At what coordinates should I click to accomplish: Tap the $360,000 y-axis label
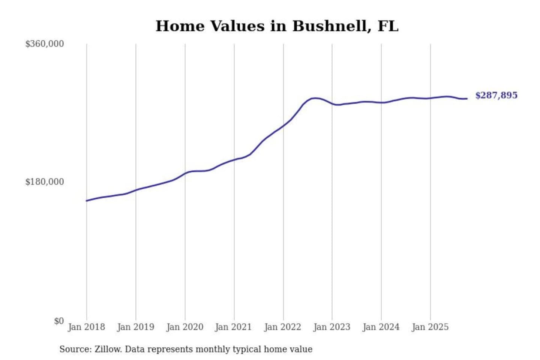[x=45, y=44]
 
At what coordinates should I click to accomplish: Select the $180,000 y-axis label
[x=45, y=182]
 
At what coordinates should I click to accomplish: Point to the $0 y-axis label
[x=59, y=321]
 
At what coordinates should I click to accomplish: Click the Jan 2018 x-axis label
[x=86, y=327]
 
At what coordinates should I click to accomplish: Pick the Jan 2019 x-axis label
[x=135, y=327]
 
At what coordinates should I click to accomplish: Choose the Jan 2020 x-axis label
[x=184, y=327]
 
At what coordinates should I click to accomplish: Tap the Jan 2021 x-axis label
[x=233, y=327]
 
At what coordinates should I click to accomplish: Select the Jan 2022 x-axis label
[x=282, y=327]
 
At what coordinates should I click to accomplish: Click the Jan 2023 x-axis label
[x=331, y=327]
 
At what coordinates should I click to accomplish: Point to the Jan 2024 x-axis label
[x=381, y=327]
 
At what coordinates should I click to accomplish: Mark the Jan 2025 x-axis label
[x=430, y=327]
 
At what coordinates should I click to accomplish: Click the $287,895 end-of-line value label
[x=496, y=95]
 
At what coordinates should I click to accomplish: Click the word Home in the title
[x=180, y=26]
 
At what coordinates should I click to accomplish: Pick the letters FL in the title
[x=388, y=26]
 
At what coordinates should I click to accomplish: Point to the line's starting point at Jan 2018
[x=87, y=201]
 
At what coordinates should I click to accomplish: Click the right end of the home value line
[x=467, y=99]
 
